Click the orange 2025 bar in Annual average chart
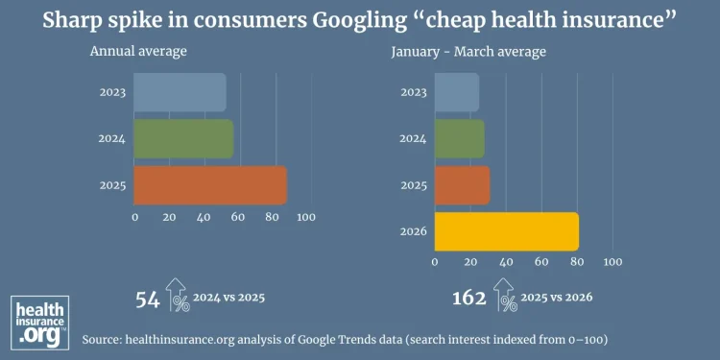pos(209,185)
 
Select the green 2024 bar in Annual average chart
pos(182,138)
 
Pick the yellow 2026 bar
pos(506,231)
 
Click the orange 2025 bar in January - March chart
pos(462,185)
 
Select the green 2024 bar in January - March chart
pos(459,138)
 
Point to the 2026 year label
pos(412,231)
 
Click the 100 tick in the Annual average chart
pos(306,218)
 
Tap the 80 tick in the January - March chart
pos(576,261)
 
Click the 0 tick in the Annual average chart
pos(134,218)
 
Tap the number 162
pos(469,298)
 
